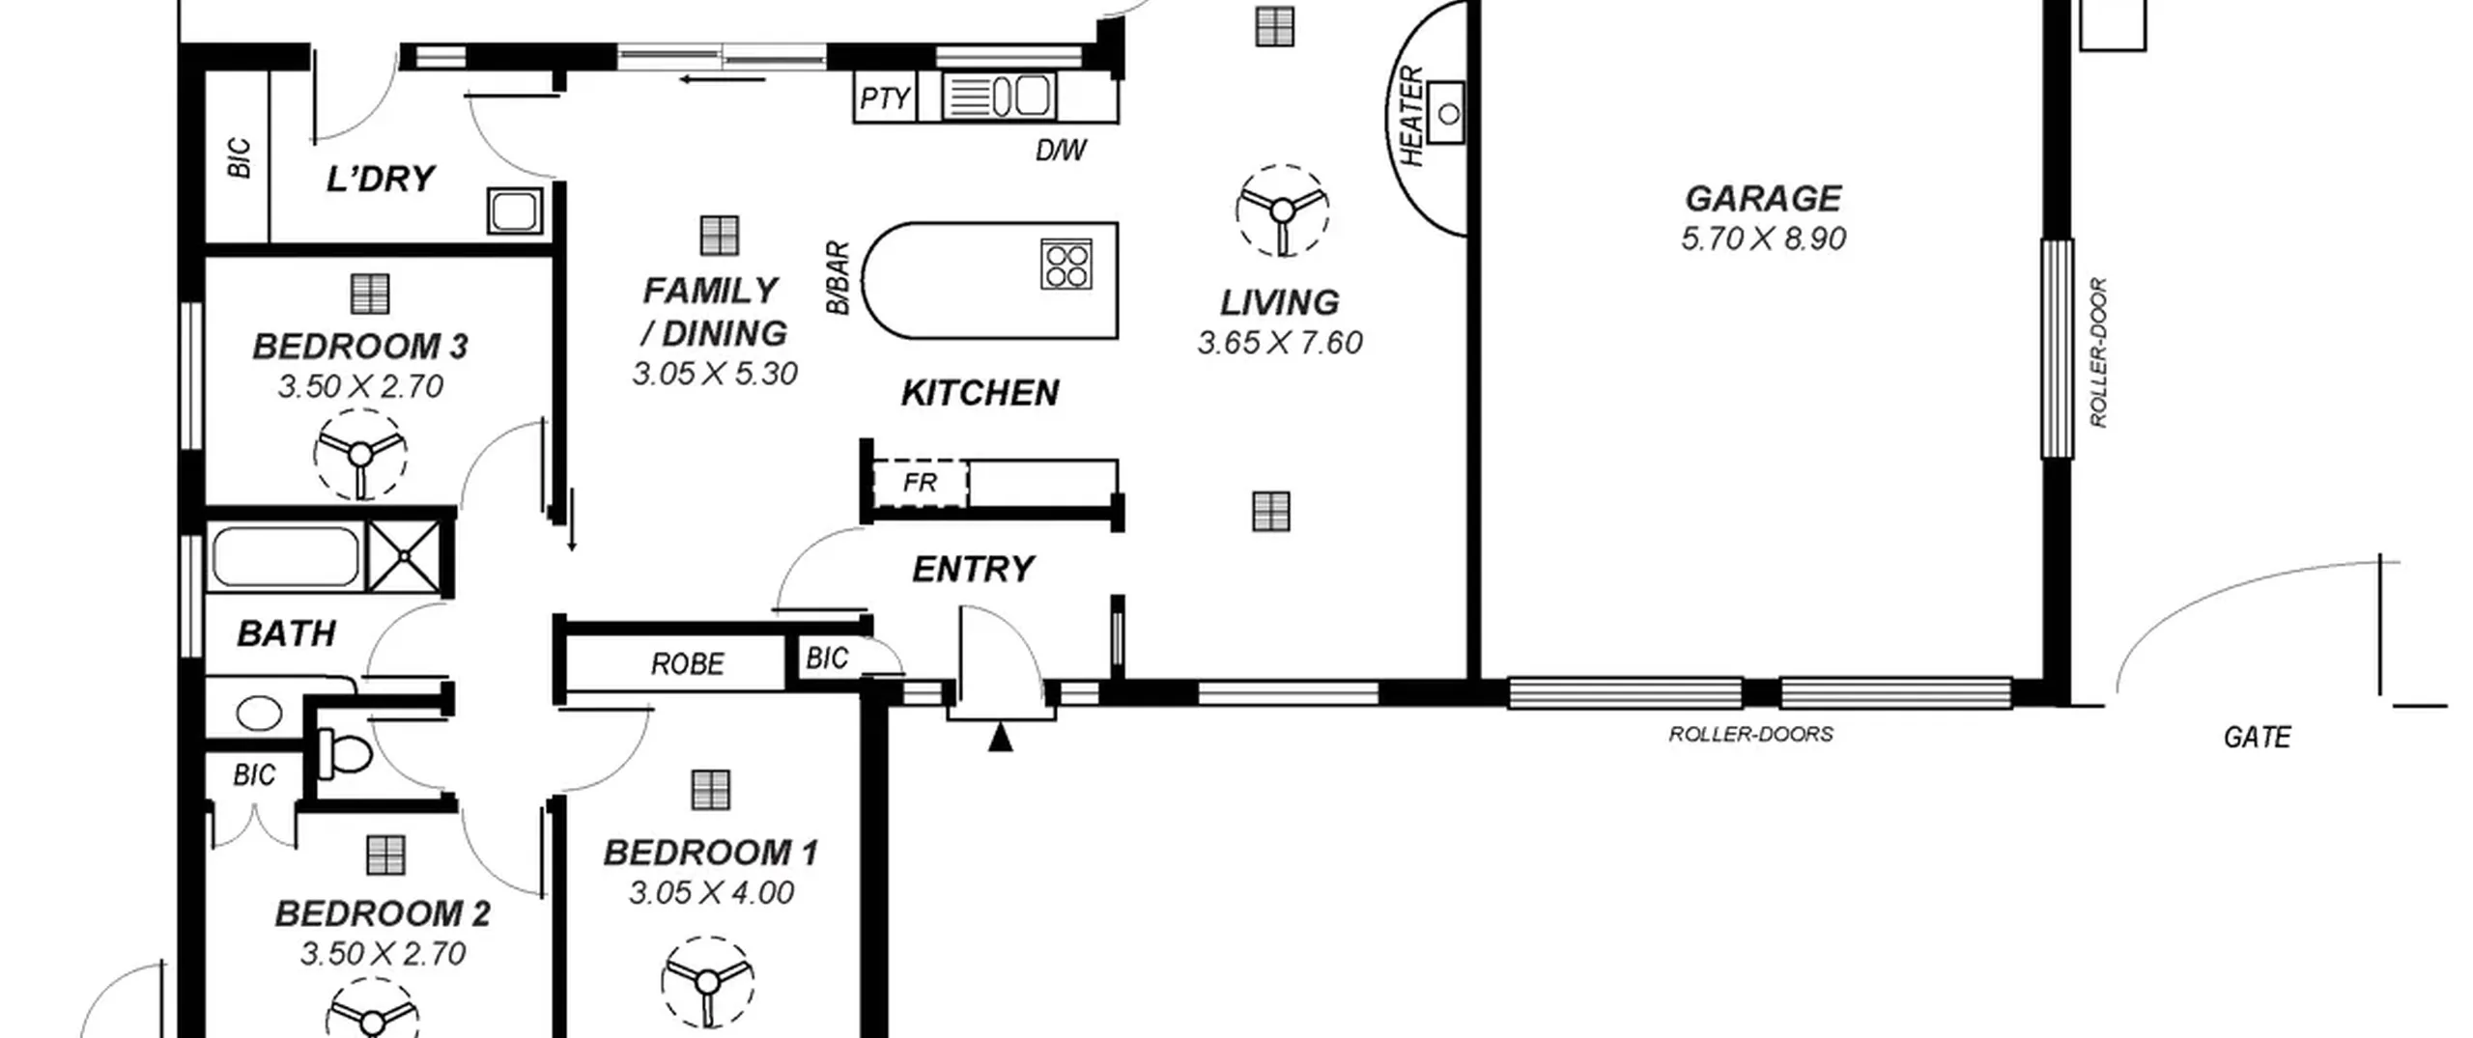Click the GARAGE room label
point(1763,199)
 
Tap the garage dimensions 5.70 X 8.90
point(1763,238)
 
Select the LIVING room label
point(1279,303)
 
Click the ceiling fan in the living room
point(1282,210)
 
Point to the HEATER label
point(1411,116)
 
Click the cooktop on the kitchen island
point(1066,265)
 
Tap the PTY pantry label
point(885,98)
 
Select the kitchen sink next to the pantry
point(998,97)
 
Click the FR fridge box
point(920,483)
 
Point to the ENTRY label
point(973,570)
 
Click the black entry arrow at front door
point(1001,738)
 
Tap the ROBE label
point(687,664)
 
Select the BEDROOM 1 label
point(711,854)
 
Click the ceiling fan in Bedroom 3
point(360,455)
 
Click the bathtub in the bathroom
point(285,556)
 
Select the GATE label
point(2257,739)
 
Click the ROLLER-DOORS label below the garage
point(1750,735)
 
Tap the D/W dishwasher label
point(1061,151)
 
